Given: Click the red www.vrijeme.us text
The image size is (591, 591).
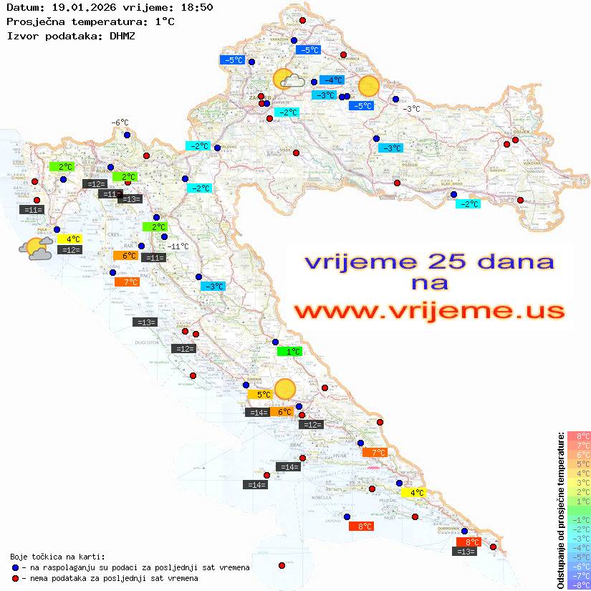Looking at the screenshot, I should click(x=429, y=311).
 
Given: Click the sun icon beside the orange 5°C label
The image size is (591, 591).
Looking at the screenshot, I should click(x=285, y=389).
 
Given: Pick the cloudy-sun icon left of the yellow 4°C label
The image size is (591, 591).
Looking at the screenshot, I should click(x=36, y=249).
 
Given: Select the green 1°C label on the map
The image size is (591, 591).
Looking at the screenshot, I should click(x=289, y=352).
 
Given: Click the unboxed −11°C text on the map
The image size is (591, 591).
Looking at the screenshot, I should click(x=178, y=246).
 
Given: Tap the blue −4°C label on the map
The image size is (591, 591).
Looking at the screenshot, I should click(x=332, y=80).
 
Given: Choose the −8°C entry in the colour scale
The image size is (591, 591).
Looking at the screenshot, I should click(x=579, y=585).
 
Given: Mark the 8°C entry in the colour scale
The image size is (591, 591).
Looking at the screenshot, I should click(x=579, y=436).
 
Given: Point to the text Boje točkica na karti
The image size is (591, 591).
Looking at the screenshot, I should click(x=57, y=557).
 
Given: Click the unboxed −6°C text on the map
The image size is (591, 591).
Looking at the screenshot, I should click(x=120, y=122).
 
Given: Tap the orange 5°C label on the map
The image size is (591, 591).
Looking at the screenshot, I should click(x=259, y=394).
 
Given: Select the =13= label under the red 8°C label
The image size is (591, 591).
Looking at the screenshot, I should click(x=466, y=551).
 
